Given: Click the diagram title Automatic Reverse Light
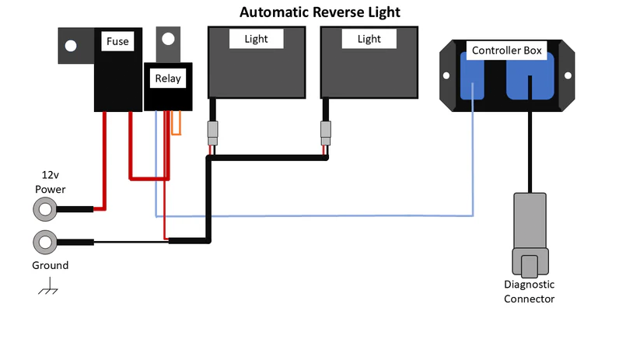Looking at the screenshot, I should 320,12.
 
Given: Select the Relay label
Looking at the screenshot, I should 167,78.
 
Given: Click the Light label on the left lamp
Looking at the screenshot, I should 256,39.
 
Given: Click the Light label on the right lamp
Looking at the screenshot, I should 369,39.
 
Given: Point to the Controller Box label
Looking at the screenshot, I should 507,51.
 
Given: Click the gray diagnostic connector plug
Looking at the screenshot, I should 530,233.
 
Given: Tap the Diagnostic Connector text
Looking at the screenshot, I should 530,292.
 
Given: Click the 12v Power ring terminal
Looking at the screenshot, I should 44,208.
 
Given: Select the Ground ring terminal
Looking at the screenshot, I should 44,242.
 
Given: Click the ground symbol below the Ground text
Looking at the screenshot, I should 49,289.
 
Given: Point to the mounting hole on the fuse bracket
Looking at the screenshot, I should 71,46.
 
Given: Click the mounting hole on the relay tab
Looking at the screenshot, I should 167,38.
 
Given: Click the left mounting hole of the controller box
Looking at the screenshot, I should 447,75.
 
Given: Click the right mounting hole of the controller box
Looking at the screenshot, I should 567,75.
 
